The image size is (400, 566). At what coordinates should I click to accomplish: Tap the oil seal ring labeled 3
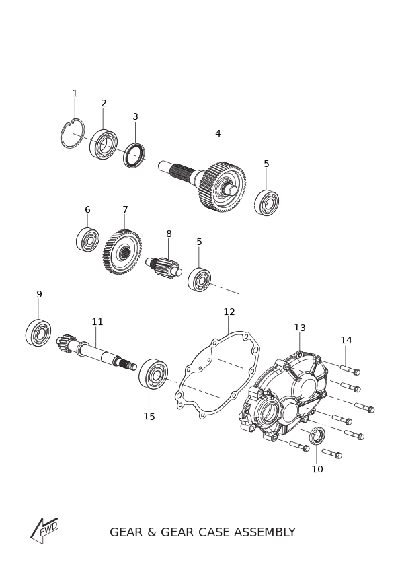134,155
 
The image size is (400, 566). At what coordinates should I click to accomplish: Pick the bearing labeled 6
87,240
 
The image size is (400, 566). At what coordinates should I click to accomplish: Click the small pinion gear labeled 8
165,266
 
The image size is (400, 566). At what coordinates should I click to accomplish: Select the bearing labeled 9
38,332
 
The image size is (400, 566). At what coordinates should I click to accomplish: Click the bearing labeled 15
153,374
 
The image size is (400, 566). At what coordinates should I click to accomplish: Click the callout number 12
229,312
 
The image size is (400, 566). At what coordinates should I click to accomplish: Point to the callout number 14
346,340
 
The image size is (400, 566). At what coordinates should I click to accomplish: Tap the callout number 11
97,322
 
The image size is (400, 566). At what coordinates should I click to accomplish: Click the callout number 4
218,133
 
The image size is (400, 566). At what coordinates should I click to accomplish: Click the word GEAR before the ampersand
126,532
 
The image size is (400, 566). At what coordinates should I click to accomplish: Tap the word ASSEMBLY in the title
265,532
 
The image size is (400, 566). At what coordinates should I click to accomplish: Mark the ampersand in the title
151,532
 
